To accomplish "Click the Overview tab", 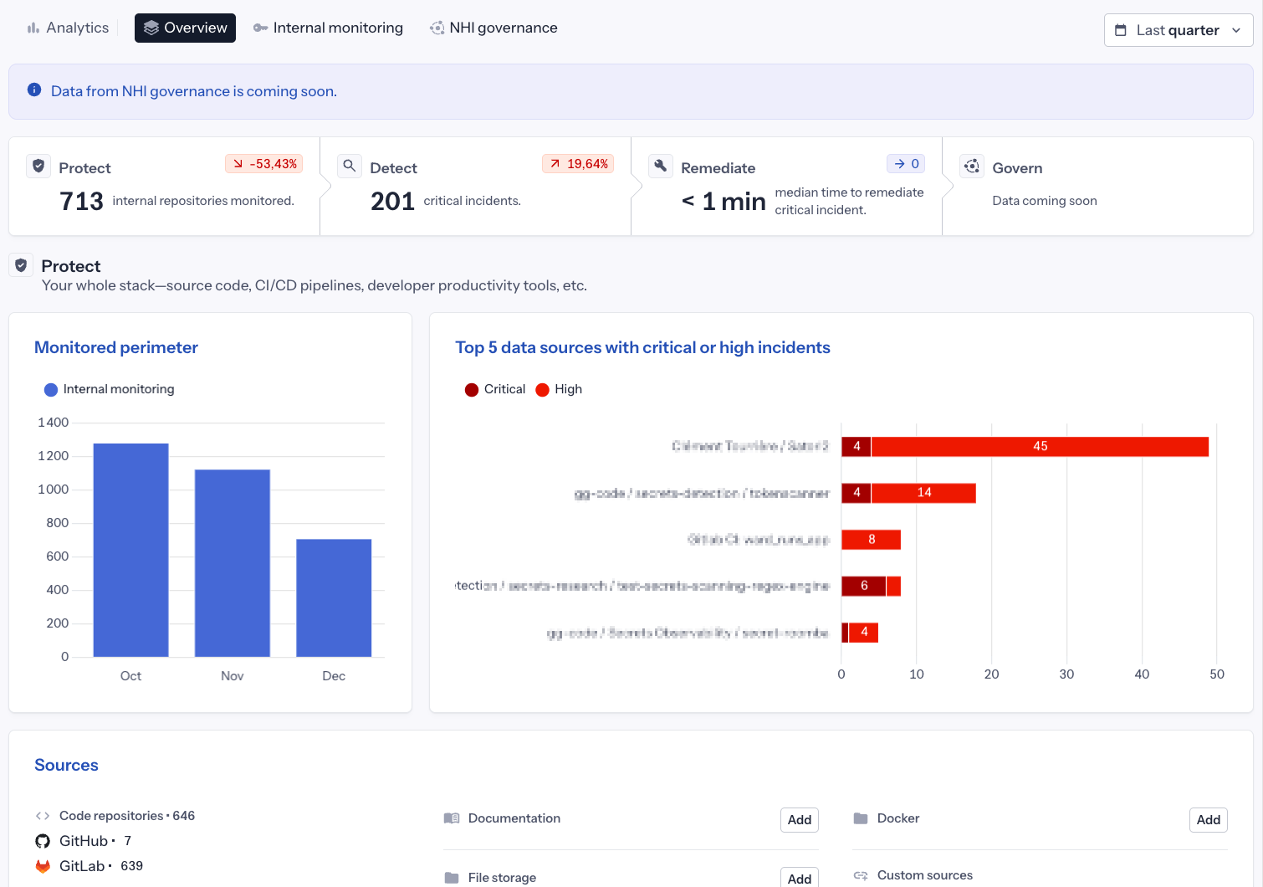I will [x=185, y=28].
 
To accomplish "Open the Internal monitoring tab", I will [x=328, y=28].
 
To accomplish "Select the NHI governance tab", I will [x=493, y=28].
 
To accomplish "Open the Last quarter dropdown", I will [x=1178, y=30].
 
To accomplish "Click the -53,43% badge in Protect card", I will [x=264, y=164].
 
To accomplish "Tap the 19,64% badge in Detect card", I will [x=578, y=164].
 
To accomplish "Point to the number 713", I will [x=81, y=201].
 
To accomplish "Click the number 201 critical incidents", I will [x=392, y=201].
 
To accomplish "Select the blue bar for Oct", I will [x=130, y=550].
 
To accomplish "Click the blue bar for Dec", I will [x=334, y=597].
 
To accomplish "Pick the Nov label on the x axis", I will [x=233, y=676].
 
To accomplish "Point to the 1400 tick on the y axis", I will [x=53, y=423].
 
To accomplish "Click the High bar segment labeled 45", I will [x=1040, y=447].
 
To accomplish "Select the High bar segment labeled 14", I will [x=923, y=493].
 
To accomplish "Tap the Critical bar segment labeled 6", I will [x=863, y=586].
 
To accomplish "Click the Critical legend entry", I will [x=495, y=389].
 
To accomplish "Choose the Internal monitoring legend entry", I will [x=110, y=389].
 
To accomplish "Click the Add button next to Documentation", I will [x=799, y=820].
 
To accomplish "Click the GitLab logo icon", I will [x=43, y=866].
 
